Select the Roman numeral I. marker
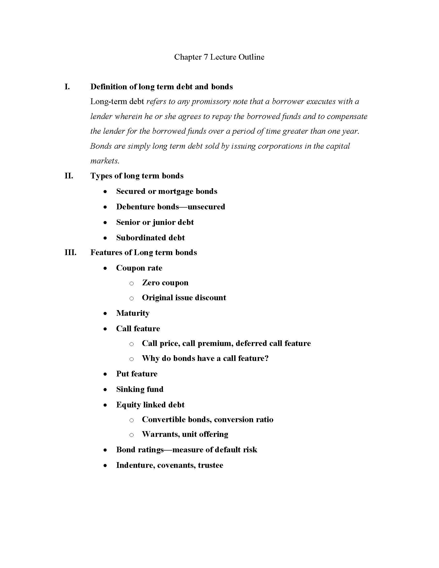pyautogui.click(x=67, y=87)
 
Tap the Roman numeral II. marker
pyautogui.click(x=69, y=176)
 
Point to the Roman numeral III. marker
pyautogui.click(x=70, y=253)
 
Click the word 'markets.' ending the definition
pyautogui.click(x=105, y=161)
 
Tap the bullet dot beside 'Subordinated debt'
pyautogui.click(x=105, y=238)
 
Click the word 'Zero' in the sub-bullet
pyautogui.click(x=151, y=283)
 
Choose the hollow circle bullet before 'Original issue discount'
pyautogui.click(x=132, y=298)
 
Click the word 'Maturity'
pyautogui.click(x=133, y=313)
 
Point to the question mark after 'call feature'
pyautogui.click(x=266, y=358)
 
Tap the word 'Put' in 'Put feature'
pyautogui.click(x=122, y=374)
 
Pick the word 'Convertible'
pyautogui.click(x=164, y=420)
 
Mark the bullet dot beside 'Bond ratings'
pyautogui.click(x=105, y=450)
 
